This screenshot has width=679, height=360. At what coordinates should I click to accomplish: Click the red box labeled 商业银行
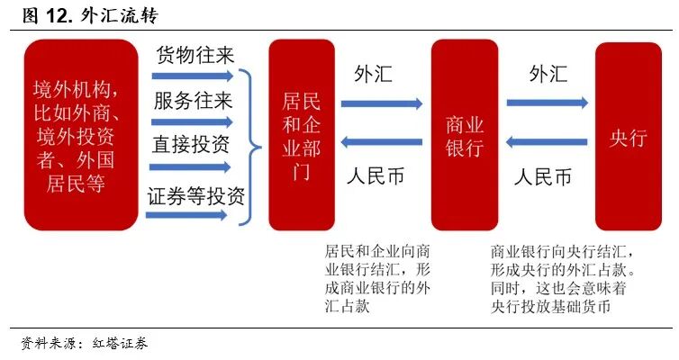[x=464, y=135]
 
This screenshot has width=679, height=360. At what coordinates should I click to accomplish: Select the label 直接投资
[x=191, y=145]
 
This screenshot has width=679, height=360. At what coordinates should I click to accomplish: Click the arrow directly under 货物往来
[x=190, y=76]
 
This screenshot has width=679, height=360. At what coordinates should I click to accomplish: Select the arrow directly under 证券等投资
[x=190, y=216]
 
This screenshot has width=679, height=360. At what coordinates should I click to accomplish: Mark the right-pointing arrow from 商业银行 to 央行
[x=548, y=103]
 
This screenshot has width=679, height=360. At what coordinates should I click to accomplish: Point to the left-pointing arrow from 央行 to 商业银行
[x=548, y=141]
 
